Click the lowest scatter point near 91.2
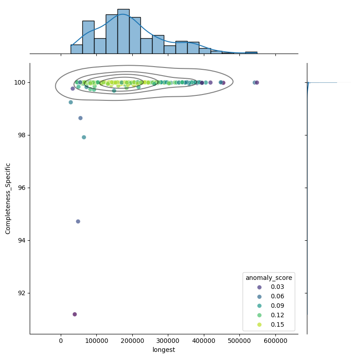(75, 314)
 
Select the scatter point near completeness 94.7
(78, 221)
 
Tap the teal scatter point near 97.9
(84, 137)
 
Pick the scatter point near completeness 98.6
(81, 118)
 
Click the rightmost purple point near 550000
(257, 82)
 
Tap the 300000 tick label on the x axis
(168, 342)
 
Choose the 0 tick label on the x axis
(61, 342)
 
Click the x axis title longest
(164, 350)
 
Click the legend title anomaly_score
(269, 278)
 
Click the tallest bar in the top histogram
(123, 31)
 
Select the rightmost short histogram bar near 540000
(251, 53)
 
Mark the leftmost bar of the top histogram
(76, 49)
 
